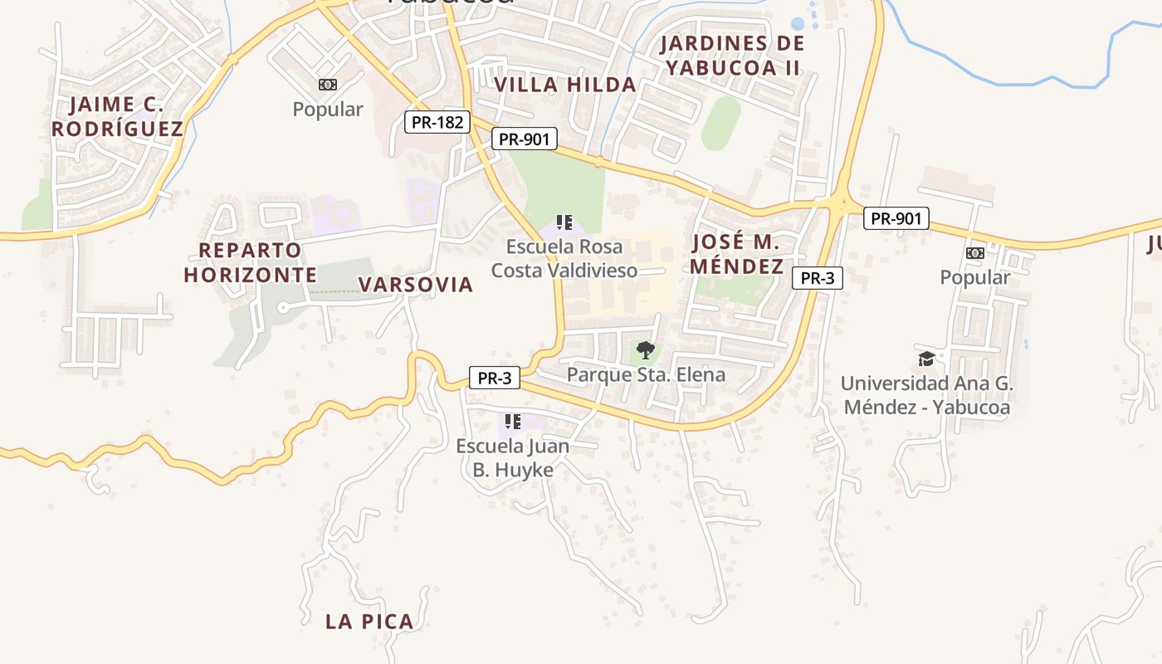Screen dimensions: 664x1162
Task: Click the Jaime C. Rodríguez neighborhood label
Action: [117, 116]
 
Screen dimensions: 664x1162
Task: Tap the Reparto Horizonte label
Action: [250, 262]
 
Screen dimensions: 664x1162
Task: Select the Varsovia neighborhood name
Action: [415, 285]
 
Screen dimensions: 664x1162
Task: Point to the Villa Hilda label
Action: [564, 84]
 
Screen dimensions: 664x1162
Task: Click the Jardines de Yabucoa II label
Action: [732, 55]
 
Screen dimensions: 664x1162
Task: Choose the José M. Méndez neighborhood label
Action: [736, 254]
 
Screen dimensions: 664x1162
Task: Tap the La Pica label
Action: [369, 621]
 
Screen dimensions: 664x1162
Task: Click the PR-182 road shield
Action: [437, 122]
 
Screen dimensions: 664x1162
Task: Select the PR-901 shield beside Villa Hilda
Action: [524, 139]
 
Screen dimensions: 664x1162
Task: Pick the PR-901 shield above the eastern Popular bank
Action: [896, 218]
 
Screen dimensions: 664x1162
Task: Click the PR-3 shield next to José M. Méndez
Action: [817, 278]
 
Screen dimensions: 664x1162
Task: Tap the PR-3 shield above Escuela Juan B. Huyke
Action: [494, 378]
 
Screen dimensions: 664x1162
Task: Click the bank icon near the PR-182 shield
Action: [328, 85]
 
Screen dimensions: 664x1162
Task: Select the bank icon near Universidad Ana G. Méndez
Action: [974, 253]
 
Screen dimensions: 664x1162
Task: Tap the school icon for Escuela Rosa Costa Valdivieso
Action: [564, 222]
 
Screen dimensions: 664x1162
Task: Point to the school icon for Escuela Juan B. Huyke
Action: [513, 422]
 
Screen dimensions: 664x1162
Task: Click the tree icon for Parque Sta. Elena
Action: [645, 350]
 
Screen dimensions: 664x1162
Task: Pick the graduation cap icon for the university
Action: [926, 359]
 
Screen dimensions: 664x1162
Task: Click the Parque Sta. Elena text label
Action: [646, 374]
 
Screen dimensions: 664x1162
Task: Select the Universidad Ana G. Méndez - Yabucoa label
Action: [926, 395]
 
